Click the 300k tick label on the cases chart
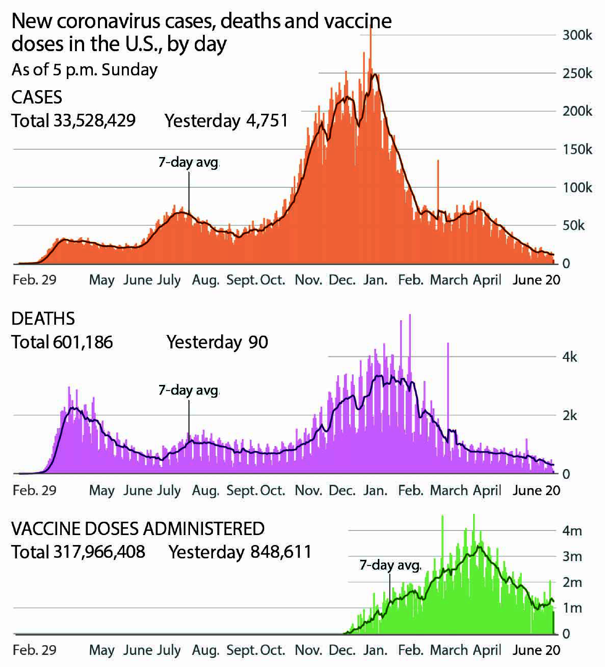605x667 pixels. coord(577,35)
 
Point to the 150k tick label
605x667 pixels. coord(577,149)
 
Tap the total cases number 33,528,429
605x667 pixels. coord(94,120)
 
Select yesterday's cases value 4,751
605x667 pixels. coord(267,120)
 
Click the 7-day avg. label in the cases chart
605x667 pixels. coord(188,162)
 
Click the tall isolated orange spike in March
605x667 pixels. coord(438,185)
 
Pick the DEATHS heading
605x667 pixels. coord(43,319)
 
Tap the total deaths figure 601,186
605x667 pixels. coord(83,342)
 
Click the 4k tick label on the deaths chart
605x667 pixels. coord(570,357)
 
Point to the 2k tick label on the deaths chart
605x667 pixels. coord(570,416)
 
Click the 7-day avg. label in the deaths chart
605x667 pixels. coord(188,390)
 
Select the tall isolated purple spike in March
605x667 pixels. coord(448,380)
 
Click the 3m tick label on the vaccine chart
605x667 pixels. coord(572,557)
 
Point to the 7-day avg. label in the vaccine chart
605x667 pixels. coord(390,565)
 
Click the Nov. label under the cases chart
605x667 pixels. coord(308,280)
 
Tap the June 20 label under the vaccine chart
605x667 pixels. coord(536,650)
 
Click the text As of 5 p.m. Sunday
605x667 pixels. coord(85,70)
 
